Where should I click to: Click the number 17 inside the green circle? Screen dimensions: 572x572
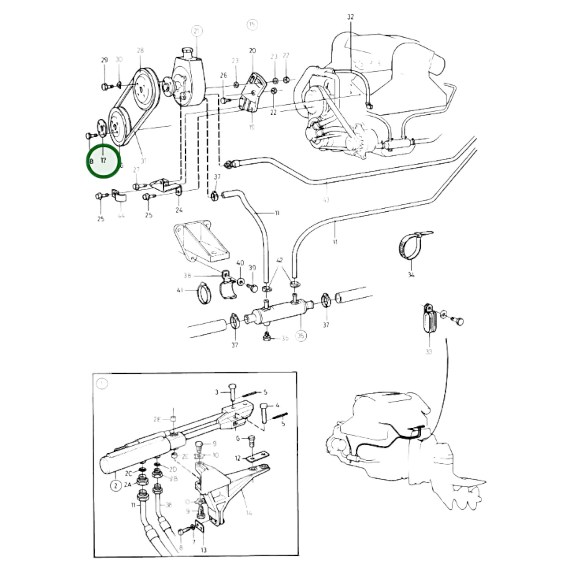(x=103, y=161)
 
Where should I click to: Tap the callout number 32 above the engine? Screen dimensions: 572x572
(x=350, y=17)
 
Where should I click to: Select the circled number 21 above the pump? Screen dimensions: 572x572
(x=197, y=30)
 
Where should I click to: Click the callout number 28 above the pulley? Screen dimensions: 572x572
(x=140, y=50)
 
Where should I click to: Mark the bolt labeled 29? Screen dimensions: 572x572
(x=105, y=87)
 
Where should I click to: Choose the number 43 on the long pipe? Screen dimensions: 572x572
(x=326, y=200)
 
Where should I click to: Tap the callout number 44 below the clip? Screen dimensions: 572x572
(x=121, y=215)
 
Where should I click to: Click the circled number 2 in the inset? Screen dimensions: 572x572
(x=116, y=485)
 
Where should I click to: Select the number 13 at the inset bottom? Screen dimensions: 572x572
(x=203, y=550)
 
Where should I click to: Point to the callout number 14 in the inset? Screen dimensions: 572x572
(x=249, y=513)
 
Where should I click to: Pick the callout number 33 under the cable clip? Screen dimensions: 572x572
(x=429, y=351)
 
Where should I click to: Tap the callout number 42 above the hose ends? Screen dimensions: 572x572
(x=280, y=260)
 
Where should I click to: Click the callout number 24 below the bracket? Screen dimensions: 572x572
(x=179, y=210)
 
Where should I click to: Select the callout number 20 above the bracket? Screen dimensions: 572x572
(x=253, y=50)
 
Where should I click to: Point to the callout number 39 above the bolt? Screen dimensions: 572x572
(x=252, y=268)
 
